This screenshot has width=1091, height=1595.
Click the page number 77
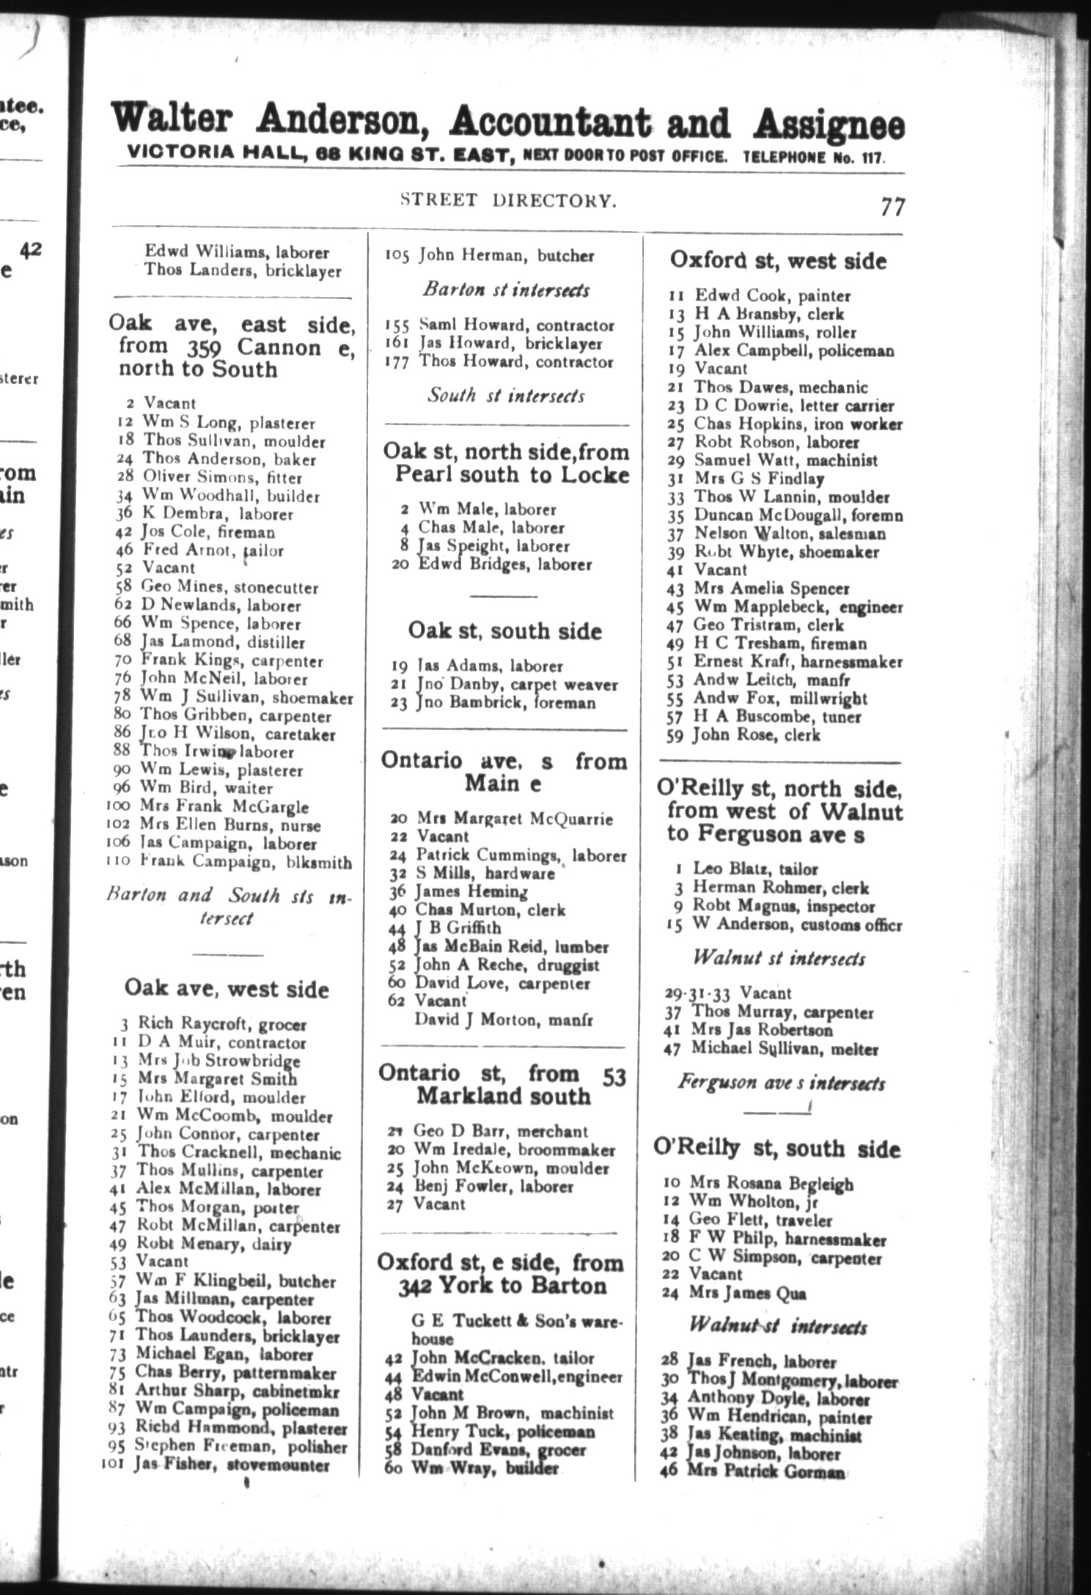(892, 207)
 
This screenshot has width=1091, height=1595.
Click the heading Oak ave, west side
(227, 989)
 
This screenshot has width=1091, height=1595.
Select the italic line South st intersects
(506, 396)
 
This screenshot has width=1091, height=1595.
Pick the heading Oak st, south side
(505, 631)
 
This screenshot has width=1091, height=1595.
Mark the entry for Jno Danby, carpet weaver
(517, 685)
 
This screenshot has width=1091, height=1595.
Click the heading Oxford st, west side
(778, 261)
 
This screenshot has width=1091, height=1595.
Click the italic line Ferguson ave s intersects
(781, 1083)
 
